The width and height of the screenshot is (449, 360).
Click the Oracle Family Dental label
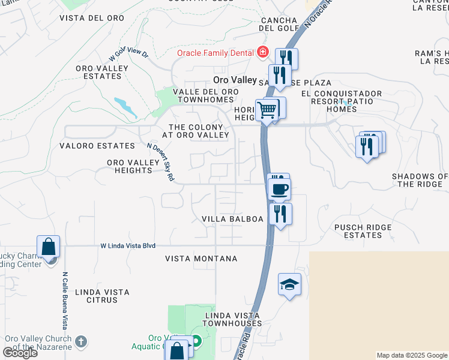(x=214, y=53)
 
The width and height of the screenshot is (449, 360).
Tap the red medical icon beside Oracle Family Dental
(x=262, y=53)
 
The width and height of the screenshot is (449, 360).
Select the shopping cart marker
(x=267, y=110)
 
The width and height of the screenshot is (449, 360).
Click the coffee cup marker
(x=279, y=190)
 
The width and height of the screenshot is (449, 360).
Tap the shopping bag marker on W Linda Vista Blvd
(x=48, y=247)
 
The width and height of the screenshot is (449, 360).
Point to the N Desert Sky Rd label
(x=161, y=161)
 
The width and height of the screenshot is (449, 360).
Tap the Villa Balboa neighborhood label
(x=232, y=219)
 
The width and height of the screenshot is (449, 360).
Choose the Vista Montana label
(x=201, y=259)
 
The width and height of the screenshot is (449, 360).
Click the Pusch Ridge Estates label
(x=363, y=231)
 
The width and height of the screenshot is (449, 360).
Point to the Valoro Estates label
(x=97, y=146)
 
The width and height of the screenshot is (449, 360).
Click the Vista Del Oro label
(x=92, y=18)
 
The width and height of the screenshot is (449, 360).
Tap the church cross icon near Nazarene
(x=81, y=342)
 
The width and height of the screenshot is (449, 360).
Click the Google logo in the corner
(x=20, y=353)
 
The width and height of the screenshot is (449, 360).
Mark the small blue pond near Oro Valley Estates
(x=125, y=106)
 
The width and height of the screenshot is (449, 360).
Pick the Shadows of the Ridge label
(x=420, y=180)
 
